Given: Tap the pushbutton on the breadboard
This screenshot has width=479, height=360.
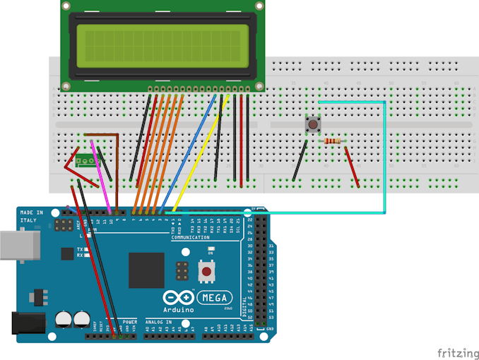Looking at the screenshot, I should (312, 125).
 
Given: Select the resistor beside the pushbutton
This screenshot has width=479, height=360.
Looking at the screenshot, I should (332, 141).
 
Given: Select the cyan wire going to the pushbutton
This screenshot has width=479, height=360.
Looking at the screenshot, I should (384, 155).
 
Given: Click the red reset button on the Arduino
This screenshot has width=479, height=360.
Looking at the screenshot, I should (206, 271).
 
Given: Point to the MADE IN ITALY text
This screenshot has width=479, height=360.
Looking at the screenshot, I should (31, 217).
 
